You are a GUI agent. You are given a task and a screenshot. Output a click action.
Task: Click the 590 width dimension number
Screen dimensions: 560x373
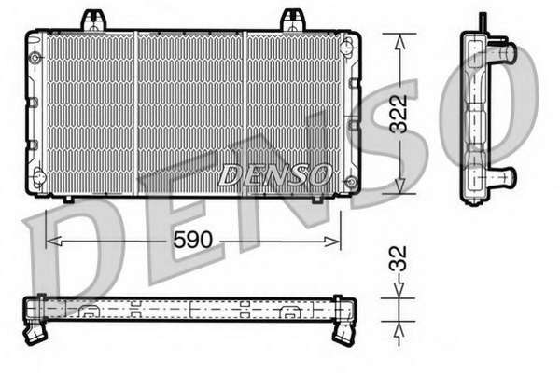pyautogui.click(x=192, y=240)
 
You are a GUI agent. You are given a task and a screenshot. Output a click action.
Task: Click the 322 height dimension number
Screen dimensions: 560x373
pyautogui.click(x=399, y=114)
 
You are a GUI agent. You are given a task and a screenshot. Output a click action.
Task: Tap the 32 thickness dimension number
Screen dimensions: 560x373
pyautogui.click(x=399, y=259)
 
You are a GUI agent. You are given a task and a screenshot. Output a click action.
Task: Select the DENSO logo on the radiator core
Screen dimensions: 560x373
pyautogui.click(x=273, y=175)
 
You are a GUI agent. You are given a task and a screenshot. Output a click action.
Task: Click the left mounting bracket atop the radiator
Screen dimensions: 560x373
pyautogui.click(x=94, y=21)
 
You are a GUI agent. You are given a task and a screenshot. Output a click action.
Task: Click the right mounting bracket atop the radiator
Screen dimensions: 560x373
pyautogui.click(x=294, y=21)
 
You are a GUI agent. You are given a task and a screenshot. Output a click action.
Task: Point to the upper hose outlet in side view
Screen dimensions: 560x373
pyautogui.click(x=502, y=52)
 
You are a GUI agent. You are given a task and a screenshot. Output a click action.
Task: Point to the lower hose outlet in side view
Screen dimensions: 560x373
pyautogui.click(x=503, y=177)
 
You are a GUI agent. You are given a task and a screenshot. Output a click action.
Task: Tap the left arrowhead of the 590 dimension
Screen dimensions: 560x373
pyautogui.click(x=53, y=241)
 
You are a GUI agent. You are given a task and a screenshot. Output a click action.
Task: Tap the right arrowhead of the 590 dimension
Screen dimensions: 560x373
pyautogui.click(x=332, y=242)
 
